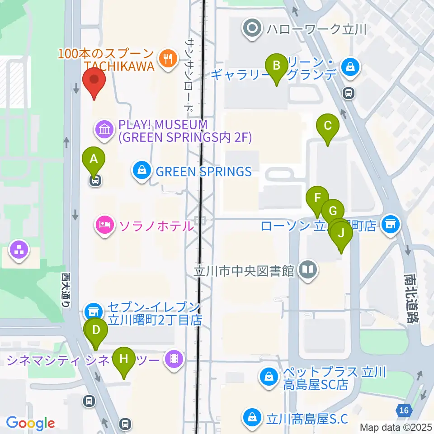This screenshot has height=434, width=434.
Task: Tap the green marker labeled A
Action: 94,159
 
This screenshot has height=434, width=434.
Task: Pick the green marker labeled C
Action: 328,126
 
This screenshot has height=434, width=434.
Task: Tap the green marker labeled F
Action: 317,198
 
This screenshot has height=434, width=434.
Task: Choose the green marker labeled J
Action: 341,234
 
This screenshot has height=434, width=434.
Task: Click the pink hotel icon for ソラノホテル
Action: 104,226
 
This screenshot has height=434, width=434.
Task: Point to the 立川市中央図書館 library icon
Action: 309,271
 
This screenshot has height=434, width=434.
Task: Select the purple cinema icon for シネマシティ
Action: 174,360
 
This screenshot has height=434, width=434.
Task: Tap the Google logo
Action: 30,423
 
